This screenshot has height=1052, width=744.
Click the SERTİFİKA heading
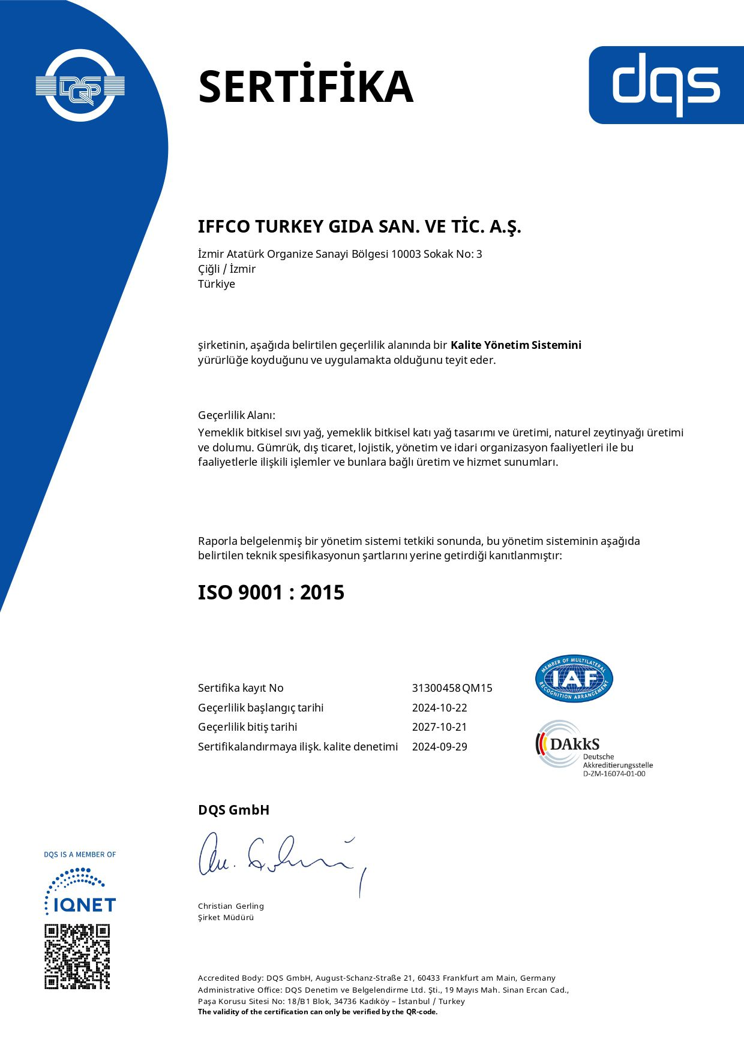point(305,86)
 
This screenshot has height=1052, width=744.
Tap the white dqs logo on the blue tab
point(665,85)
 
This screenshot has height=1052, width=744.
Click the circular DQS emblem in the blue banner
point(80,85)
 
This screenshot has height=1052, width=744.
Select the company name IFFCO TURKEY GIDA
point(359,227)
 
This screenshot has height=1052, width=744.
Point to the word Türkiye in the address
point(217,284)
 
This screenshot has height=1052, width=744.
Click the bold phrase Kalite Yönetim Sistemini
point(515,345)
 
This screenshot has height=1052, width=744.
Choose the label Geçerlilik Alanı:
point(236,415)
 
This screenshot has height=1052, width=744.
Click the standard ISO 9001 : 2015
point(271,592)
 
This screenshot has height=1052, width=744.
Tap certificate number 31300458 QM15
point(452,688)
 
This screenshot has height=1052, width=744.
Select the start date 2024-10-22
point(439,708)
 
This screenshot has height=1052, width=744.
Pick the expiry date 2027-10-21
point(439,727)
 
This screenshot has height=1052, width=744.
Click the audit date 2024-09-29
point(439,747)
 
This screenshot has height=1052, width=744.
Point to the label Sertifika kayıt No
point(241,688)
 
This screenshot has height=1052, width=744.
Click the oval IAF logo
point(574,679)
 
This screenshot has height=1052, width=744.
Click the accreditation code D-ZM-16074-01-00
point(614,774)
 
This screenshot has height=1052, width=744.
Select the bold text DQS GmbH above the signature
point(233,810)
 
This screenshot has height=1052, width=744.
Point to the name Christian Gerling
point(231,906)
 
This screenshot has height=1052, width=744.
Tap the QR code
point(77,957)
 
